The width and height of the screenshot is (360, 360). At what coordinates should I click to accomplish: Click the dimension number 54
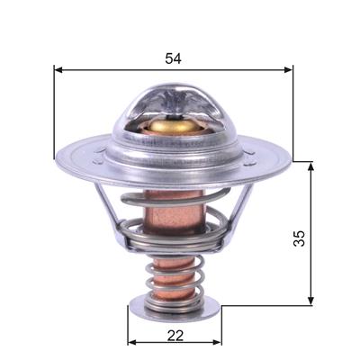(173, 58)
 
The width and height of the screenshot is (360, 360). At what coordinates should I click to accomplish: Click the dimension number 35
(299, 238)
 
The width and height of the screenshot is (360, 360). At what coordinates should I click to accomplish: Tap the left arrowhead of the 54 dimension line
(58, 70)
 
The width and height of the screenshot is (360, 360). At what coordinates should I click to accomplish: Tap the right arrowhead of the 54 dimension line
(288, 70)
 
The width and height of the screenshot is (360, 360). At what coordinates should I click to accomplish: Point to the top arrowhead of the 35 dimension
(311, 166)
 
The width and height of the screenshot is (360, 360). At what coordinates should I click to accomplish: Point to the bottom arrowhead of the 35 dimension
(311, 301)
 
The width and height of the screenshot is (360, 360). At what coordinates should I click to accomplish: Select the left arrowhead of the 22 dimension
(132, 342)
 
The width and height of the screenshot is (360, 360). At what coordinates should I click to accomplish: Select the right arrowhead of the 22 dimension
(217, 342)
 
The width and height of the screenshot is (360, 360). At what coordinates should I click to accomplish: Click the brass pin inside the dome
(173, 125)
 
